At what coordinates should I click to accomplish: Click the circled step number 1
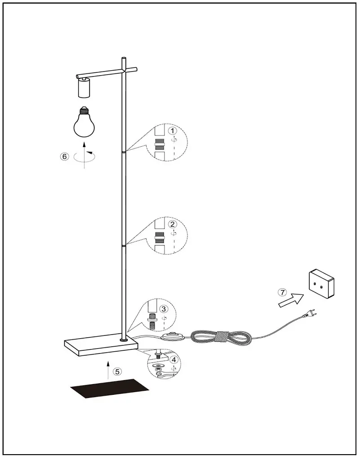(x=172, y=130)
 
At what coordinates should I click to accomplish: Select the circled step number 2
(x=172, y=224)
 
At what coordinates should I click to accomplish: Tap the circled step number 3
(x=164, y=309)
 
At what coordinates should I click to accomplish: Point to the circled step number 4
(x=173, y=359)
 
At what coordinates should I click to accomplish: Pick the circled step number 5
(x=117, y=371)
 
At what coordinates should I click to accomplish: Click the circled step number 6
(x=64, y=156)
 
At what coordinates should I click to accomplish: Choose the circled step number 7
(x=282, y=292)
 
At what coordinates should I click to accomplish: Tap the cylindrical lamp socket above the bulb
(x=84, y=87)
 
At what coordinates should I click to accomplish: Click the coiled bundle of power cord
(x=220, y=337)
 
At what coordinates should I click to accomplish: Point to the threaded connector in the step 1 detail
(x=159, y=145)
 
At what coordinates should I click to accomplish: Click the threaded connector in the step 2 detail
(x=159, y=238)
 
